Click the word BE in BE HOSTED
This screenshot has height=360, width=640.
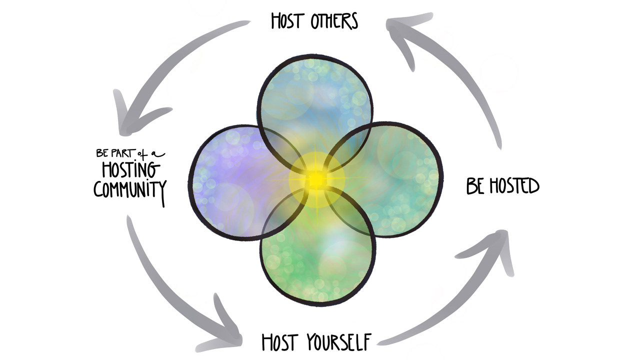tap(475, 186)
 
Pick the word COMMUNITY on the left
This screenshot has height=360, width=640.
tap(130, 189)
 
